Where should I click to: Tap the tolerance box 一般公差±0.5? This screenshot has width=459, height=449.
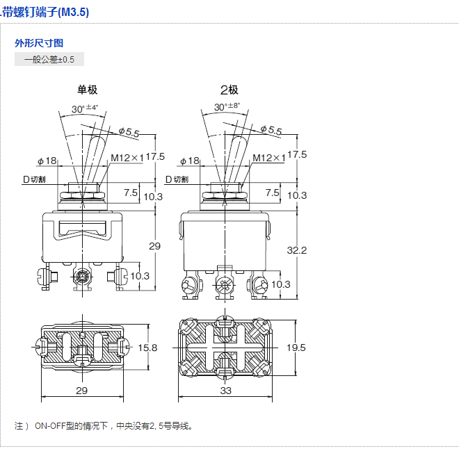pyautogui.click(x=49, y=60)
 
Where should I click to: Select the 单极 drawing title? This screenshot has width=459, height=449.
pyautogui.click(x=87, y=90)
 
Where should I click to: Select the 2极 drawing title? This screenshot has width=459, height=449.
pyautogui.click(x=229, y=90)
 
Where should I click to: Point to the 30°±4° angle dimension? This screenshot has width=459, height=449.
pyautogui.click(x=85, y=108)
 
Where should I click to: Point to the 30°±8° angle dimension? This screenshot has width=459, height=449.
pyautogui.click(x=227, y=107)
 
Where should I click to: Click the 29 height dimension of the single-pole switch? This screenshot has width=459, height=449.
pyautogui.click(x=154, y=246)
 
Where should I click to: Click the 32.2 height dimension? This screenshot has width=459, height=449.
pyautogui.click(x=297, y=250)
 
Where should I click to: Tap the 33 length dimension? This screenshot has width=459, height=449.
pyautogui.click(x=226, y=391)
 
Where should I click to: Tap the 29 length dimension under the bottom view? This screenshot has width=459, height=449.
pyautogui.click(x=82, y=391)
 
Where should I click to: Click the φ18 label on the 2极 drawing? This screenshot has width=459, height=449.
pyautogui.click(x=189, y=161)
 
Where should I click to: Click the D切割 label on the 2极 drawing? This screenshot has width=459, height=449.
pyautogui.click(x=177, y=179)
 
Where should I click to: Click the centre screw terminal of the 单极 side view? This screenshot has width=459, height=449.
pyautogui.click(x=82, y=278)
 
